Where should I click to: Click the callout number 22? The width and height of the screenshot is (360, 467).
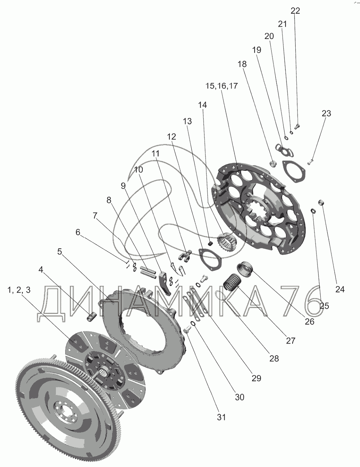click(x=295, y=11)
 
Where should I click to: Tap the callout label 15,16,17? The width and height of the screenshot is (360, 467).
click(x=221, y=86)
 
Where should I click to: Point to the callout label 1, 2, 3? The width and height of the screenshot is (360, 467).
click(x=19, y=290)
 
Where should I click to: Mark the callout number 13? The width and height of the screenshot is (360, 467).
click(x=187, y=121)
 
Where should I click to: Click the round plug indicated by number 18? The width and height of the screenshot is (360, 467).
click(x=274, y=163)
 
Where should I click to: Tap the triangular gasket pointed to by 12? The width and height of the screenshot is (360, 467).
click(x=210, y=259)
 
